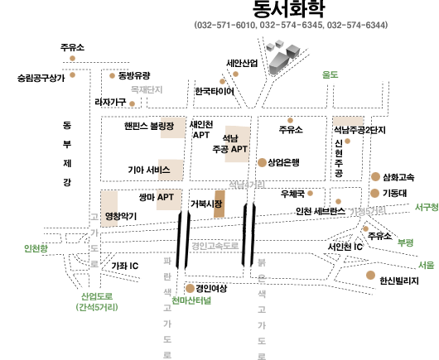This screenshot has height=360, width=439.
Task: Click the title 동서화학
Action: pos(288,8)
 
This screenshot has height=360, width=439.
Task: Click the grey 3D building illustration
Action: pos(282,57)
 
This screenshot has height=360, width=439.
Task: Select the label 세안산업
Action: pos(242,63)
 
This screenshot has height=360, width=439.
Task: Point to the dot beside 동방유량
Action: pos(113,75)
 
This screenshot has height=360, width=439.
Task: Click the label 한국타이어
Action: pos(215,91)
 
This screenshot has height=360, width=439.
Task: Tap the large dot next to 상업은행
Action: pos(262,162)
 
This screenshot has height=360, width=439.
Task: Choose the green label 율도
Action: pos(330,74)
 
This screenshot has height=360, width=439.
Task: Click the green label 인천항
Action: pos(36,248)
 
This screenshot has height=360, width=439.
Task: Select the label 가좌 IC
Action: pos(125,266)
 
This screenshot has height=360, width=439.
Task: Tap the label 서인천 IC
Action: pos(345,247)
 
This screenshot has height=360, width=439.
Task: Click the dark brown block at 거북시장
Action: pos(219,204)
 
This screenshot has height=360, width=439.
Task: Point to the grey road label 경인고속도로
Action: pos(215,246)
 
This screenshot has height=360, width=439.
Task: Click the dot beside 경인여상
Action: pos(190,288)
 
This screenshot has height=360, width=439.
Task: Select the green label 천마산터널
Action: pos(191,300)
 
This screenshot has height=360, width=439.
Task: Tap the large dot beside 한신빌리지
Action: pos(371,276)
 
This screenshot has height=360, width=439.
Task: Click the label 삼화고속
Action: pos(398,177)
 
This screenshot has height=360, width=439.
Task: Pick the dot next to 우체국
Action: pos(311,194)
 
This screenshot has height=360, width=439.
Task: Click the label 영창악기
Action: pos(121,216)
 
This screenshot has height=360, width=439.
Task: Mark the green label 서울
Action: pos(426,265)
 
